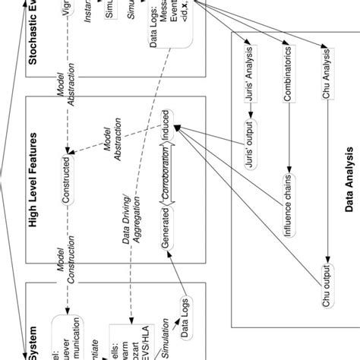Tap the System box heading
coord(33,334)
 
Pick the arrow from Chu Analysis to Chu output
coord(327,175)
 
